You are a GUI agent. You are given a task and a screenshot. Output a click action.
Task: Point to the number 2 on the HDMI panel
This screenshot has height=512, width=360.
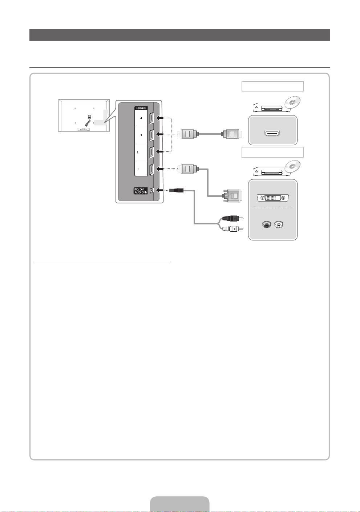coord(138,153)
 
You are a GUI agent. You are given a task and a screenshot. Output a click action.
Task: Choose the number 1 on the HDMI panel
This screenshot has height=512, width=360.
coord(138,169)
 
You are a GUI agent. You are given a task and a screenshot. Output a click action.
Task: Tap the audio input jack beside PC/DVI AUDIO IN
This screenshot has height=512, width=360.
coord(152,190)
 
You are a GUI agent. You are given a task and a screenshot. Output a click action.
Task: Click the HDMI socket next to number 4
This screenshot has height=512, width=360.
coord(152,118)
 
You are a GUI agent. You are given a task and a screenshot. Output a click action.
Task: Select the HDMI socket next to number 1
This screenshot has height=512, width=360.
coord(152,169)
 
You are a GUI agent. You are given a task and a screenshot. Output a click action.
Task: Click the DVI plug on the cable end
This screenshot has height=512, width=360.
coord(231,196)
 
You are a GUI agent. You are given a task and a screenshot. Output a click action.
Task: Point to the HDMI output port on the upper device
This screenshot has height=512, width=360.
coord(272,133)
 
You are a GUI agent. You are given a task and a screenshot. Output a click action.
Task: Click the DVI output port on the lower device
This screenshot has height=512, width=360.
coord(272,198)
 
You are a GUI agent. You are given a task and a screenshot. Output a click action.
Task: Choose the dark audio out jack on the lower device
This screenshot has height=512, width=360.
coord(266,225)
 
